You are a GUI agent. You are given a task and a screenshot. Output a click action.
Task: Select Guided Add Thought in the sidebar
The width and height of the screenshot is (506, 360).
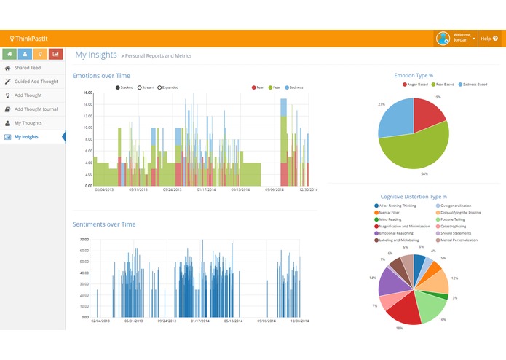click(x=36, y=82)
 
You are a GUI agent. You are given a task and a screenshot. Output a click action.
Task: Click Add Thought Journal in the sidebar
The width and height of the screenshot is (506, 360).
click(x=36, y=109)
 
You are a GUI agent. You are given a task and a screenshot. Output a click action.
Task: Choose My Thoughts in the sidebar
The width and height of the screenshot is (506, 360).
click(x=28, y=123)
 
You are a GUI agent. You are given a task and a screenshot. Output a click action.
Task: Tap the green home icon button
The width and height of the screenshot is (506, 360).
click(x=10, y=54)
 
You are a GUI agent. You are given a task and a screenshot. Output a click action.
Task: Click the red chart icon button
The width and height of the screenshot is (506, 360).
click(x=55, y=54)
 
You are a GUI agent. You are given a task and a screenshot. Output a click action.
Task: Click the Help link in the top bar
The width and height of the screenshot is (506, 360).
click(x=486, y=39)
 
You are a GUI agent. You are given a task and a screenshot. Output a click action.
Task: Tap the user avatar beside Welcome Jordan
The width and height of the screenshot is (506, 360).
click(x=442, y=39)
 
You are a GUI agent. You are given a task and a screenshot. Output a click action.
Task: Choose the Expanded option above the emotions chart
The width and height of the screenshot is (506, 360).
click(x=168, y=87)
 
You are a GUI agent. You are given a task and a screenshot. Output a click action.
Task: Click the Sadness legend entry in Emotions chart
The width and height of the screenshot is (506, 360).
click(x=293, y=87)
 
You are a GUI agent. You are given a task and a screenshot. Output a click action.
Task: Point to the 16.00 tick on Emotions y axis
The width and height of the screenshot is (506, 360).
click(x=87, y=93)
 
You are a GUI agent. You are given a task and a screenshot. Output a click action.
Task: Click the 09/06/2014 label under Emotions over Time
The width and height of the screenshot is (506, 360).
click(x=274, y=189)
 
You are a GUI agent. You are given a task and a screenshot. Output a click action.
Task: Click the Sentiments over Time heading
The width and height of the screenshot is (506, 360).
click(x=103, y=224)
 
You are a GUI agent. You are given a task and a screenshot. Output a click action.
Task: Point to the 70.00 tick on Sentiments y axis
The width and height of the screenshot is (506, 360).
click(x=84, y=240)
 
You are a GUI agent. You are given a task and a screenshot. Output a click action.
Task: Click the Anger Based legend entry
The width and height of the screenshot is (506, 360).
click(x=416, y=85)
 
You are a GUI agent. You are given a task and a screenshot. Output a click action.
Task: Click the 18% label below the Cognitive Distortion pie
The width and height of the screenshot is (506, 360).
click(x=399, y=329)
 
